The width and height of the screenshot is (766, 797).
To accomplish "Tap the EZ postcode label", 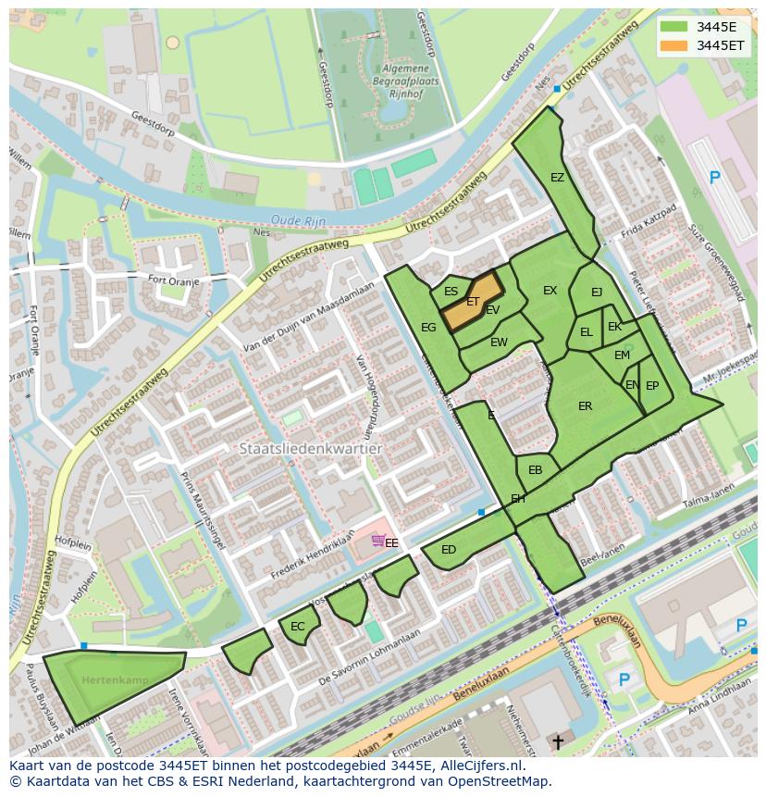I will [557, 178].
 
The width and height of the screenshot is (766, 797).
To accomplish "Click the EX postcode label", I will [550, 291].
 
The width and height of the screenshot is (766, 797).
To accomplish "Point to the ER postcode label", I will [585, 406].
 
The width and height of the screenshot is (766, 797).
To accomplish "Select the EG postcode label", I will [428, 328].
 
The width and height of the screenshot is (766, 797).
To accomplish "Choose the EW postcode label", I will [499, 342].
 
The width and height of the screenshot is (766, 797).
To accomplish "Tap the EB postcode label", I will [535, 470].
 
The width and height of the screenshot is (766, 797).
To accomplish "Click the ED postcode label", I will [449, 550].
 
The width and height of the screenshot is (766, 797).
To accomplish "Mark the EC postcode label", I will [297, 627].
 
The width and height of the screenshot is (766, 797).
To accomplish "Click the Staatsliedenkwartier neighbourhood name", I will [310, 448].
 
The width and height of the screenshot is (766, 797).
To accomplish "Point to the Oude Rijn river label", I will [292, 220].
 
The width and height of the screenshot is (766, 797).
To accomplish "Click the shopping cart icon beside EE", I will [377, 541].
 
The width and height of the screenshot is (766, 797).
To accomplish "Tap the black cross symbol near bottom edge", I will [557, 742].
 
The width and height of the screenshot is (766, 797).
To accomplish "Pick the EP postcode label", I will [652, 387].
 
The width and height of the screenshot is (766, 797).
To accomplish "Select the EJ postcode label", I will [597, 293].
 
